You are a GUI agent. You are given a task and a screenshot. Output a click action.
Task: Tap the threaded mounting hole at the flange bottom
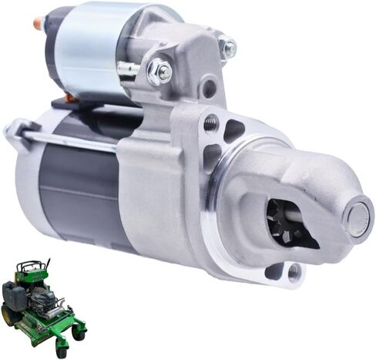[x=294, y=270]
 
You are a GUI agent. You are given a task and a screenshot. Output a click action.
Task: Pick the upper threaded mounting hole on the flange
[x=210, y=121]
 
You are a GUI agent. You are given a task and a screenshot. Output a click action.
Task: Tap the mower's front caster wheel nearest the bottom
[x=62, y=351]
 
